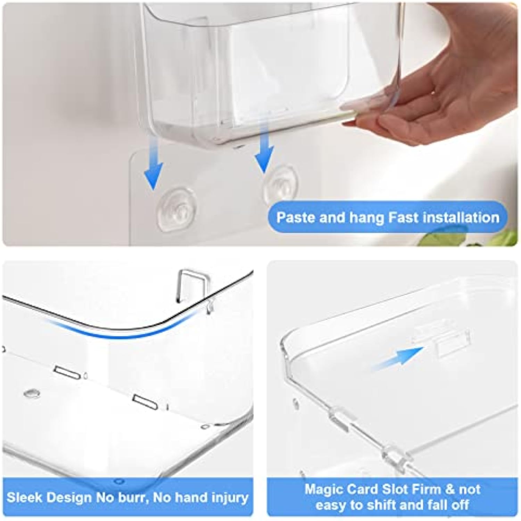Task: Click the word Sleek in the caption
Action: pyautogui.click(x=25, y=497)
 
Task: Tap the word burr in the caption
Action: pyautogui.click(x=133, y=497)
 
